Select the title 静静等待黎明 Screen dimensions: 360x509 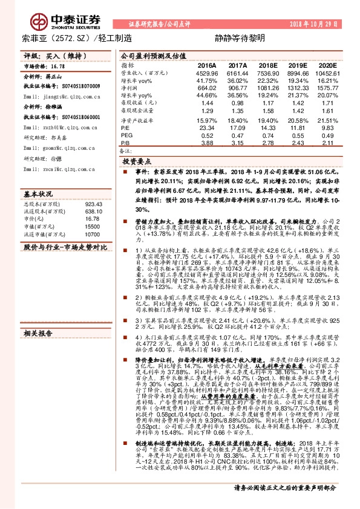point(231,39)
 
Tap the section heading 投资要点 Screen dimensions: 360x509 point(137,162)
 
